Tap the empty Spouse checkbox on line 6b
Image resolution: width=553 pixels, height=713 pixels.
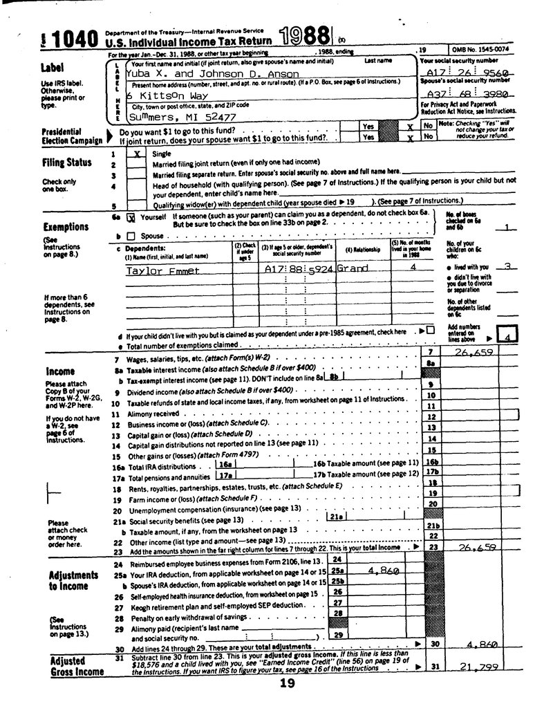point(129,236)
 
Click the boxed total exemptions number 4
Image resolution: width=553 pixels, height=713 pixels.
point(507,337)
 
